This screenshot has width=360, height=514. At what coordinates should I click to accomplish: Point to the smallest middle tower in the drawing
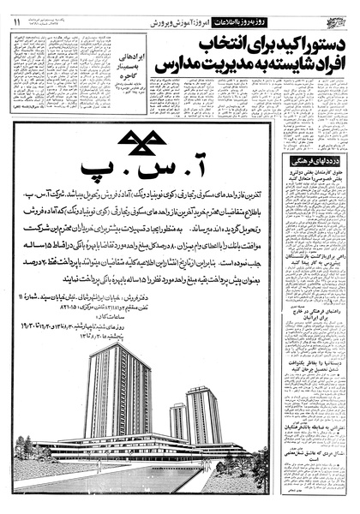point(178,421)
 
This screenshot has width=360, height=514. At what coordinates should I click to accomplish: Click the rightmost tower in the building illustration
point(203,413)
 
